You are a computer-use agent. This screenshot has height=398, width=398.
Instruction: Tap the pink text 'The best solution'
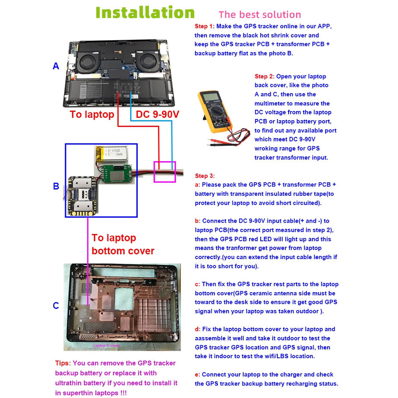point(260,15)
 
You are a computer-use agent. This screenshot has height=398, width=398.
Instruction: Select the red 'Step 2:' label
point(265,76)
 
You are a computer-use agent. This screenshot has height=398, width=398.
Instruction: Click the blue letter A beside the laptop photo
point(56,66)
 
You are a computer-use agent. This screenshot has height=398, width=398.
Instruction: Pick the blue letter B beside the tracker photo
point(56,187)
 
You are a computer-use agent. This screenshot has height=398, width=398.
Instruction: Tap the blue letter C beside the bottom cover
point(56,306)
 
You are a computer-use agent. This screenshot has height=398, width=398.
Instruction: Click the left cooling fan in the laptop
point(88,62)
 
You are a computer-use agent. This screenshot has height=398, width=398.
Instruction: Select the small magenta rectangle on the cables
point(165,172)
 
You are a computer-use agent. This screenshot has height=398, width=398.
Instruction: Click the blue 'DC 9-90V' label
point(158,114)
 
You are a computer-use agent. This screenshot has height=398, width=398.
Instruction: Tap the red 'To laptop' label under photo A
point(92,114)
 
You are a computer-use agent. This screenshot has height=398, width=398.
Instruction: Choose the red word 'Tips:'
point(63,363)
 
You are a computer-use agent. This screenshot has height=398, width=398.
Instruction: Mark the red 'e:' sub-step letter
point(197,374)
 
